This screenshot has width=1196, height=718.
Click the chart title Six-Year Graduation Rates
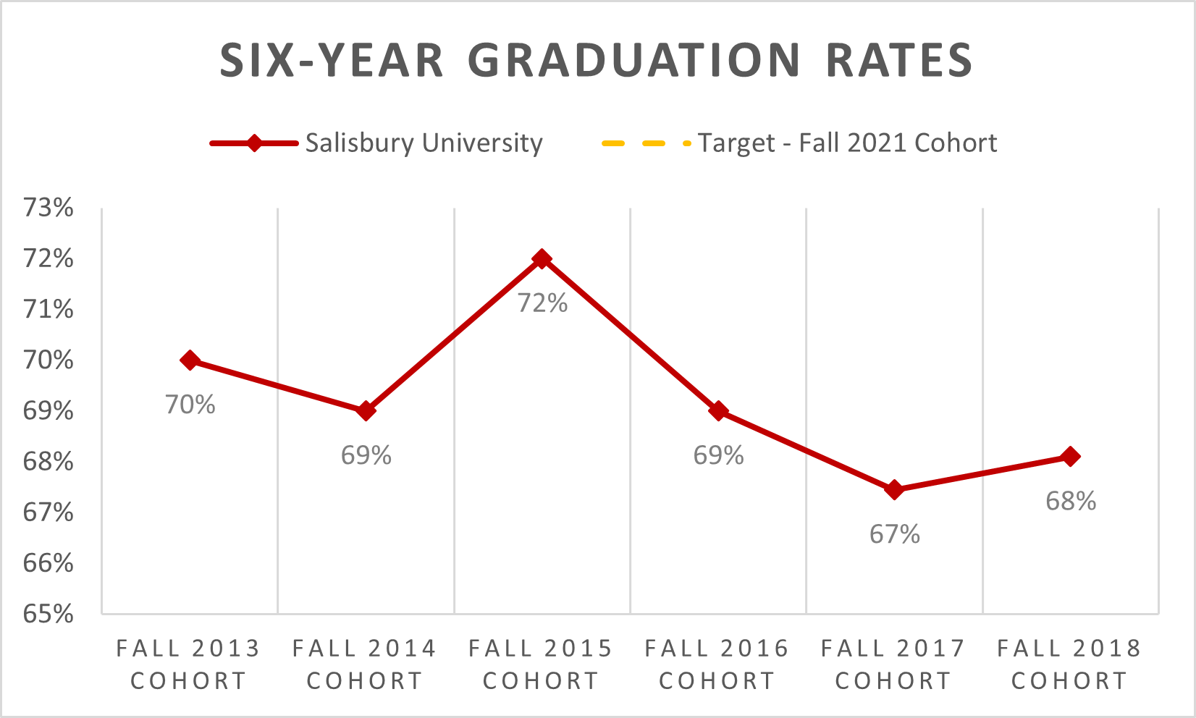click(597, 60)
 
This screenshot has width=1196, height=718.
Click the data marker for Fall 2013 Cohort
click(190, 360)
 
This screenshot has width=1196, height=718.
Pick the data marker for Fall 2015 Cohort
click(542, 259)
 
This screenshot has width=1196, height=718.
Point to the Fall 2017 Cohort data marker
click(894, 490)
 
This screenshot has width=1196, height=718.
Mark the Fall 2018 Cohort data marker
click(1070, 457)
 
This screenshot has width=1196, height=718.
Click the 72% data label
click(542, 303)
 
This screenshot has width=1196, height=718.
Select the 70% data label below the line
click(190, 405)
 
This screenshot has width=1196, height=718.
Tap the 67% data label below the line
click(895, 535)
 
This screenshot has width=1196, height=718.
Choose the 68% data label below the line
click(1071, 502)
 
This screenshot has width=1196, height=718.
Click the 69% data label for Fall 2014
click(366, 456)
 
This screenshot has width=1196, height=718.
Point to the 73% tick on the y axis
click(49, 208)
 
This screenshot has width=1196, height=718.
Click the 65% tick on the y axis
click(49, 614)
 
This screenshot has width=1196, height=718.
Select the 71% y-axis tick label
click(49, 310)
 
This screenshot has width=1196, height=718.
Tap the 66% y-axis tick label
click(49, 563)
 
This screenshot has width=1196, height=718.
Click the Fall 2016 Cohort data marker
click(718, 411)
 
